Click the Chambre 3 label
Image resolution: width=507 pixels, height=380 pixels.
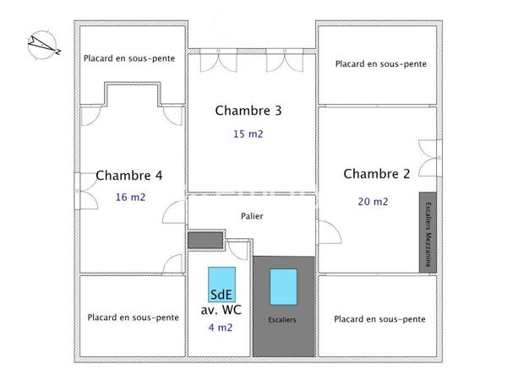click(x=248, y=111)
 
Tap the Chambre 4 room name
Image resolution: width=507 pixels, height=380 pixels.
click(x=129, y=176)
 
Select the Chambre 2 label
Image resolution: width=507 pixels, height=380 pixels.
click(x=377, y=174)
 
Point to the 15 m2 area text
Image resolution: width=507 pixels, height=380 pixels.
click(x=248, y=134)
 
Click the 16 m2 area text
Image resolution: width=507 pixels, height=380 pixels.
click(x=131, y=198)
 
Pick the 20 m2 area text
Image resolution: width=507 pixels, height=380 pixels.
click(x=373, y=201)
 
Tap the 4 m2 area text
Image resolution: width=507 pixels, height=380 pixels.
click(x=221, y=328)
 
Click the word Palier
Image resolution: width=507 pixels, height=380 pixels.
click(x=252, y=216)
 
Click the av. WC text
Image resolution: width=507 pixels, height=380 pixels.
click(x=221, y=310)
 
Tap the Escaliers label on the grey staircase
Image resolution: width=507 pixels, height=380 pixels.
click(x=282, y=320)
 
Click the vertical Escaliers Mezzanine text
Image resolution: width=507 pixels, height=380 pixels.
click(x=428, y=232)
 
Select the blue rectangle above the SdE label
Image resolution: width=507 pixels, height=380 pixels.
click(x=222, y=279)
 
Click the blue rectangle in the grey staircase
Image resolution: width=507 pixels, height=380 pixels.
click(x=283, y=286)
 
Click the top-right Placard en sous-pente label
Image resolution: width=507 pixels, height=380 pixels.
click(x=380, y=63)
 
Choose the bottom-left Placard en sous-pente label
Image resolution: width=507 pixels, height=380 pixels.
click(x=134, y=318)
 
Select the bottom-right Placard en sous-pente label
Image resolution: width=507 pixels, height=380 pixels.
click(x=379, y=319)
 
